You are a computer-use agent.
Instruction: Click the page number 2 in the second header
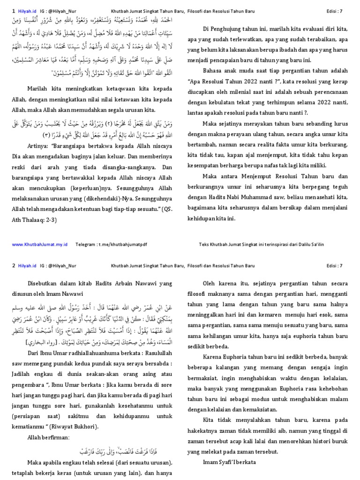[13, 266]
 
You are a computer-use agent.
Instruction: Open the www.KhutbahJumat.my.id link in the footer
[39, 244]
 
